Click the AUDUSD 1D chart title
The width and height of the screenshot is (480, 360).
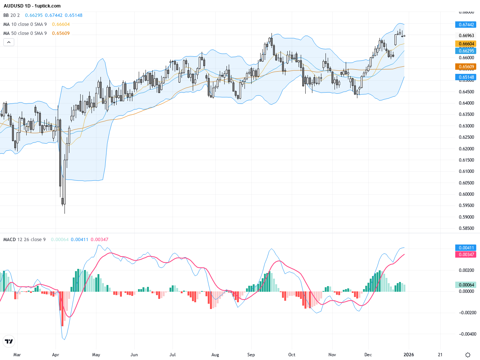pyautogui.click(x=32, y=6)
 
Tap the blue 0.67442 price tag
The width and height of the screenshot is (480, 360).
pyautogui.click(x=466, y=24)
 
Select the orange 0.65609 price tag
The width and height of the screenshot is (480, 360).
pyautogui.click(x=466, y=67)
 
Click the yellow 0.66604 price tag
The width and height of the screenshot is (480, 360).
pyautogui.click(x=466, y=44)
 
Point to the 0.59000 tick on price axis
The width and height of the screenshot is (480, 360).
pyautogui.click(x=466, y=217)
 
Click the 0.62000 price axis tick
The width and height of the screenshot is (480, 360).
pyautogui.click(x=466, y=149)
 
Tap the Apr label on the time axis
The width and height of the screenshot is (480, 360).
pyautogui.click(x=55, y=354)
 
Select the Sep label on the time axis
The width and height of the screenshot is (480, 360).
pyautogui.click(x=251, y=354)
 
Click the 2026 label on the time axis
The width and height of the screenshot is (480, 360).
pyautogui.click(x=408, y=354)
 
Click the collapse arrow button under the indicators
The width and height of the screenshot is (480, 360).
pyautogui.click(x=9, y=42)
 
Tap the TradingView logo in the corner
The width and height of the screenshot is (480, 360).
pyautogui.click(x=9, y=341)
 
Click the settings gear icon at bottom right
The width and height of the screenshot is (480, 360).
pyautogui.click(x=468, y=355)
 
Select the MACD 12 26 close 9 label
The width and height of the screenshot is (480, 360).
pyautogui.click(x=24, y=240)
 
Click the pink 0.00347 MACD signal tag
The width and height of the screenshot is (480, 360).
pyautogui.click(x=466, y=255)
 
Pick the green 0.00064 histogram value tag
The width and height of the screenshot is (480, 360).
pyautogui.click(x=466, y=285)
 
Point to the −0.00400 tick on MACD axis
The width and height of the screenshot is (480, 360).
pyautogui.click(x=468, y=334)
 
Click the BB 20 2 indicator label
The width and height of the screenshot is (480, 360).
pyautogui.click(x=11, y=15)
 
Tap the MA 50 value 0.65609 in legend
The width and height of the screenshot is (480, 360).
pyautogui.click(x=61, y=33)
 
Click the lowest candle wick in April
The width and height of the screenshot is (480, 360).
pyautogui.click(x=64, y=211)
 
